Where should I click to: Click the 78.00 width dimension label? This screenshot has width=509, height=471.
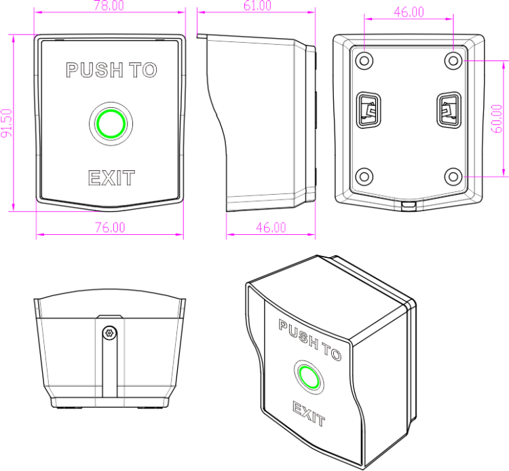[x=109, y=5]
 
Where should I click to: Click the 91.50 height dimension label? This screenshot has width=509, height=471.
[x=7, y=123]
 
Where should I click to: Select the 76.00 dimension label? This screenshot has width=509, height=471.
[x=110, y=227]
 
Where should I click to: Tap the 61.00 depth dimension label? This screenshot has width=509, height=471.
[x=257, y=5]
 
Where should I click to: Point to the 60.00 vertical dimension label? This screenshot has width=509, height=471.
[x=497, y=119]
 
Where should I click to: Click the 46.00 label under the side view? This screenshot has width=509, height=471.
[x=271, y=227]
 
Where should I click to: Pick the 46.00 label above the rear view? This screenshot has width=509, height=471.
[x=409, y=12]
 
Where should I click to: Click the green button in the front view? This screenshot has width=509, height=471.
[x=111, y=124]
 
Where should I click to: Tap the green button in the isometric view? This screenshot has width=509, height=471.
[x=309, y=377]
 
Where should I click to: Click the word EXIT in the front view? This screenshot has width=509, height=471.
[x=111, y=178]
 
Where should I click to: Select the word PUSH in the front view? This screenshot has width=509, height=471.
[x=94, y=70]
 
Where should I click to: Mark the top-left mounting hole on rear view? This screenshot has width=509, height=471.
[x=364, y=60]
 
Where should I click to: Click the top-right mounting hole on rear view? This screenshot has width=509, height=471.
[x=453, y=60]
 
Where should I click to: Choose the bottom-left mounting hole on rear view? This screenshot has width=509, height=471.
[x=364, y=176]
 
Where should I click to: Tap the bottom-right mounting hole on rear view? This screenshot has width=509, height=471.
[x=453, y=176]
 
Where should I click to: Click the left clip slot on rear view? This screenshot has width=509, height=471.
[x=369, y=110]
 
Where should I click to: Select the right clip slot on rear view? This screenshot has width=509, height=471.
[x=449, y=110]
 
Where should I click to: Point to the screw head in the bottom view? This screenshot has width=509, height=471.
[x=109, y=333]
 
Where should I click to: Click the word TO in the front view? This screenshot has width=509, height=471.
[x=143, y=70]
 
